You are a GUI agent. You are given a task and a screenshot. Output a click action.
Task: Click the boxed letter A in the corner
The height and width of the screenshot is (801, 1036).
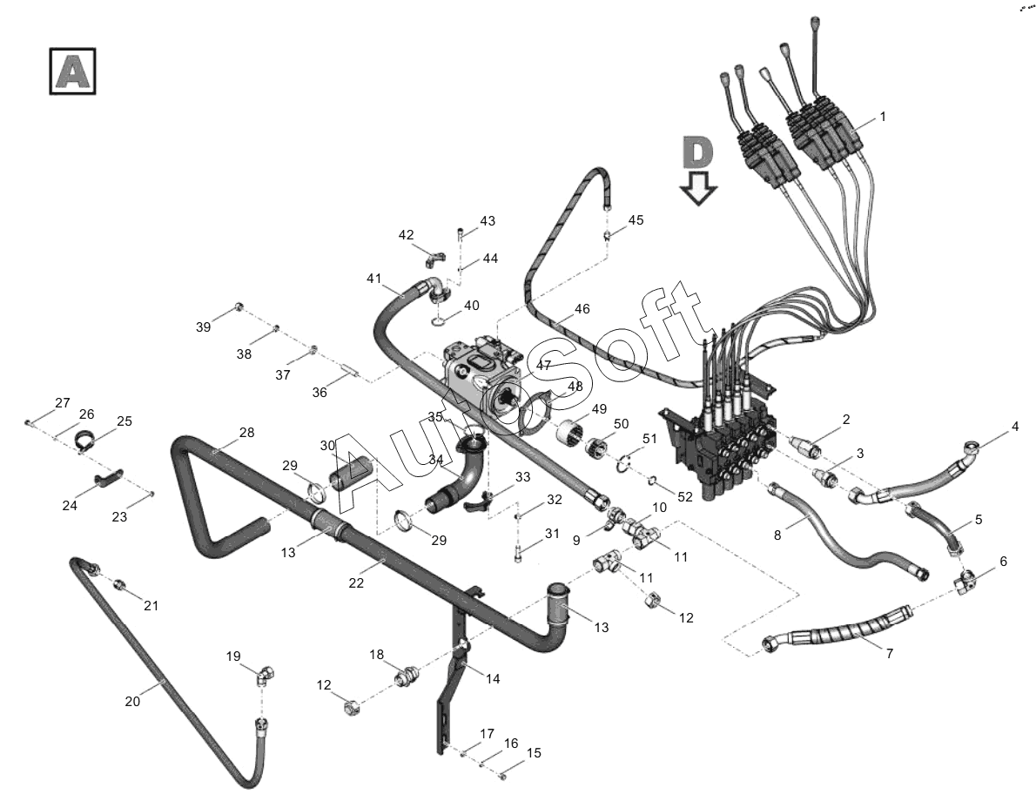[71, 71]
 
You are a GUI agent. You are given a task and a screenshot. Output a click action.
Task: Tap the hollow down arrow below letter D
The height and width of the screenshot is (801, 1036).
[698, 186]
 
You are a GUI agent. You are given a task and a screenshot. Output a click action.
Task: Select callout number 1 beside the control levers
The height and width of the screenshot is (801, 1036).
[882, 116]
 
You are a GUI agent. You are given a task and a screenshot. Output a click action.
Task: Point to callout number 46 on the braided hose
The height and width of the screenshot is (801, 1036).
[582, 310]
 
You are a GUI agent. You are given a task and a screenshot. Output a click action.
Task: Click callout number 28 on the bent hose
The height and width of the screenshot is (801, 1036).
[247, 433]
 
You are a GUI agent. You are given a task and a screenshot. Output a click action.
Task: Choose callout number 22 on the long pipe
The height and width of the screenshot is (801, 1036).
[356, 583]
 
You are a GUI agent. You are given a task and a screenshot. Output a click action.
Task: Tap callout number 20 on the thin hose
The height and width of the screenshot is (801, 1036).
[132, 701]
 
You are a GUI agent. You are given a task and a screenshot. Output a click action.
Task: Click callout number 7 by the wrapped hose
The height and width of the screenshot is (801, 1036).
[890, 653]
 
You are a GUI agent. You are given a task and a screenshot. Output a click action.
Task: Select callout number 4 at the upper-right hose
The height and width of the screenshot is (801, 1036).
[1015, 427]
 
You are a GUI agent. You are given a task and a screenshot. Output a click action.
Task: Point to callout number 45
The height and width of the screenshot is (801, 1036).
[636, 220]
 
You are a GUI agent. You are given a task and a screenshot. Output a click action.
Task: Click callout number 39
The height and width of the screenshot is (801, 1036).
[204, 326]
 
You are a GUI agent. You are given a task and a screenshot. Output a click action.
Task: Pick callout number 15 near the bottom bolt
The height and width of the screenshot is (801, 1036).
[534, 752]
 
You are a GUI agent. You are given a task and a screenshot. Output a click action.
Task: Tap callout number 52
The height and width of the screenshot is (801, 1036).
[686, 496]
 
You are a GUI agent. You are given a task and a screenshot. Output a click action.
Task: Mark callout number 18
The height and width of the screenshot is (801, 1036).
[376, 654]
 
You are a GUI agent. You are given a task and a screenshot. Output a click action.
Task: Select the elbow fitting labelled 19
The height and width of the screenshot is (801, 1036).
[265, 675]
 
